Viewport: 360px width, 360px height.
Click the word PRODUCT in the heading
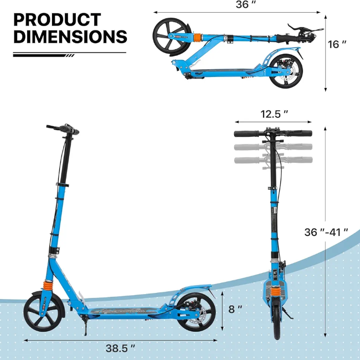57,20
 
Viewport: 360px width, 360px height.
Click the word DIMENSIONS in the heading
70,36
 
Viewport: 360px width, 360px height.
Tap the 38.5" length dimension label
120,348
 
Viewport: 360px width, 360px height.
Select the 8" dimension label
235,309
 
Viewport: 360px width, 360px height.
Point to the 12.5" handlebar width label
274,114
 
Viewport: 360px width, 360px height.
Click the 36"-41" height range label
326,232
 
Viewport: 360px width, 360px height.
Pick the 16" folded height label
337,44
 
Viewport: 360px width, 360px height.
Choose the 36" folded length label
246,4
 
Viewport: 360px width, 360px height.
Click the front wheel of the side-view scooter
43,311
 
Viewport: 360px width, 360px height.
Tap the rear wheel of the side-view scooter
196,312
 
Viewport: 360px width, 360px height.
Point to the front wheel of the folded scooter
172,36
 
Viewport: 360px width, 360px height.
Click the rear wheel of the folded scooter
286,71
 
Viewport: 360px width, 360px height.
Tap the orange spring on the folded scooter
198,38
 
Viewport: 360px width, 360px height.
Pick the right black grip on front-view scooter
300,133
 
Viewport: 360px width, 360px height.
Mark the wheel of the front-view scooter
277,320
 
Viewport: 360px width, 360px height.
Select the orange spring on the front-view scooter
275,293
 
